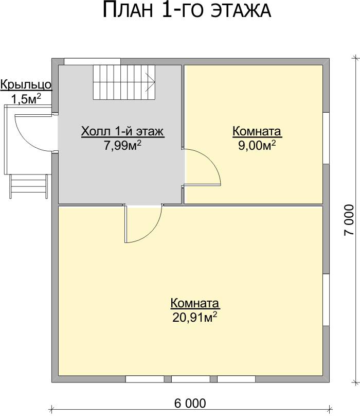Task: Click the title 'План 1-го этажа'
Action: point(187,10)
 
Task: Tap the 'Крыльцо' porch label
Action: point(26,85)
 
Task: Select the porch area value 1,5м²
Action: point(26,99)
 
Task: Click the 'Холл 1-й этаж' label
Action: point(122,131)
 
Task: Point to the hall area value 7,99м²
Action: point(122,146)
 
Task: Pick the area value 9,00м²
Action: point(257,146)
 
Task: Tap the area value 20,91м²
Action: point(194,317)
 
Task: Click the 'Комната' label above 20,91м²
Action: point(194,303)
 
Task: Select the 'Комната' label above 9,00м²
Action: point(257,131)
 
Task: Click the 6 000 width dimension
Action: point(190,404)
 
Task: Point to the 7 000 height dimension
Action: point(349,220)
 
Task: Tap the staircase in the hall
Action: point(124,82)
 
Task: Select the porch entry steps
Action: point(29,186)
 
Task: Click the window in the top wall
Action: point(93,61)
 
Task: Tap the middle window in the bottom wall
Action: point(191,379)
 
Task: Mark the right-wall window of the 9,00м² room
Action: point(326,138)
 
